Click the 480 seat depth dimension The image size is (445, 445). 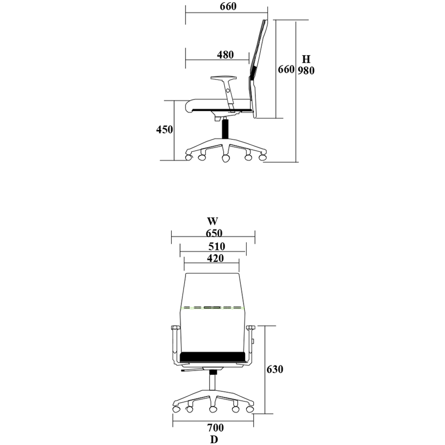(225, 54)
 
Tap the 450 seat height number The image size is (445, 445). (164, 129)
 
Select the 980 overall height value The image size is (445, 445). (306, 70)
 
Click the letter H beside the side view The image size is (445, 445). (306, 59)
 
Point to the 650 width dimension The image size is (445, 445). (214, 233)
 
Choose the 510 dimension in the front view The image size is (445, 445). (217, 246)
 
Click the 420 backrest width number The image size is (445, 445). (215, 258)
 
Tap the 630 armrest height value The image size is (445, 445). (275, 369)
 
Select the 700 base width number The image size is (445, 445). (215, 427)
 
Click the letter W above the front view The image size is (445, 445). (213, 221)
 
